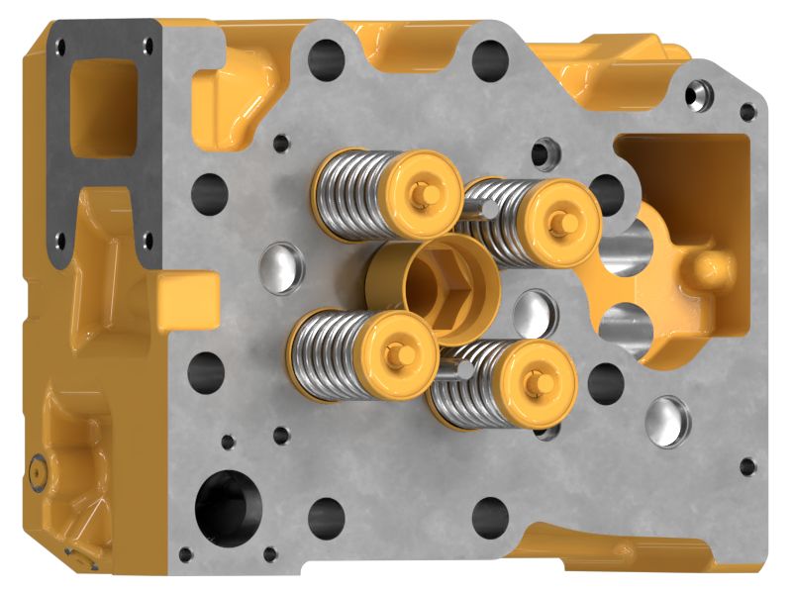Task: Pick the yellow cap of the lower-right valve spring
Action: [x=536, y=381]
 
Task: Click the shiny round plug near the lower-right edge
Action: [x=666, y=420]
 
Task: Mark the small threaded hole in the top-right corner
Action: [x=702, y=96]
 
